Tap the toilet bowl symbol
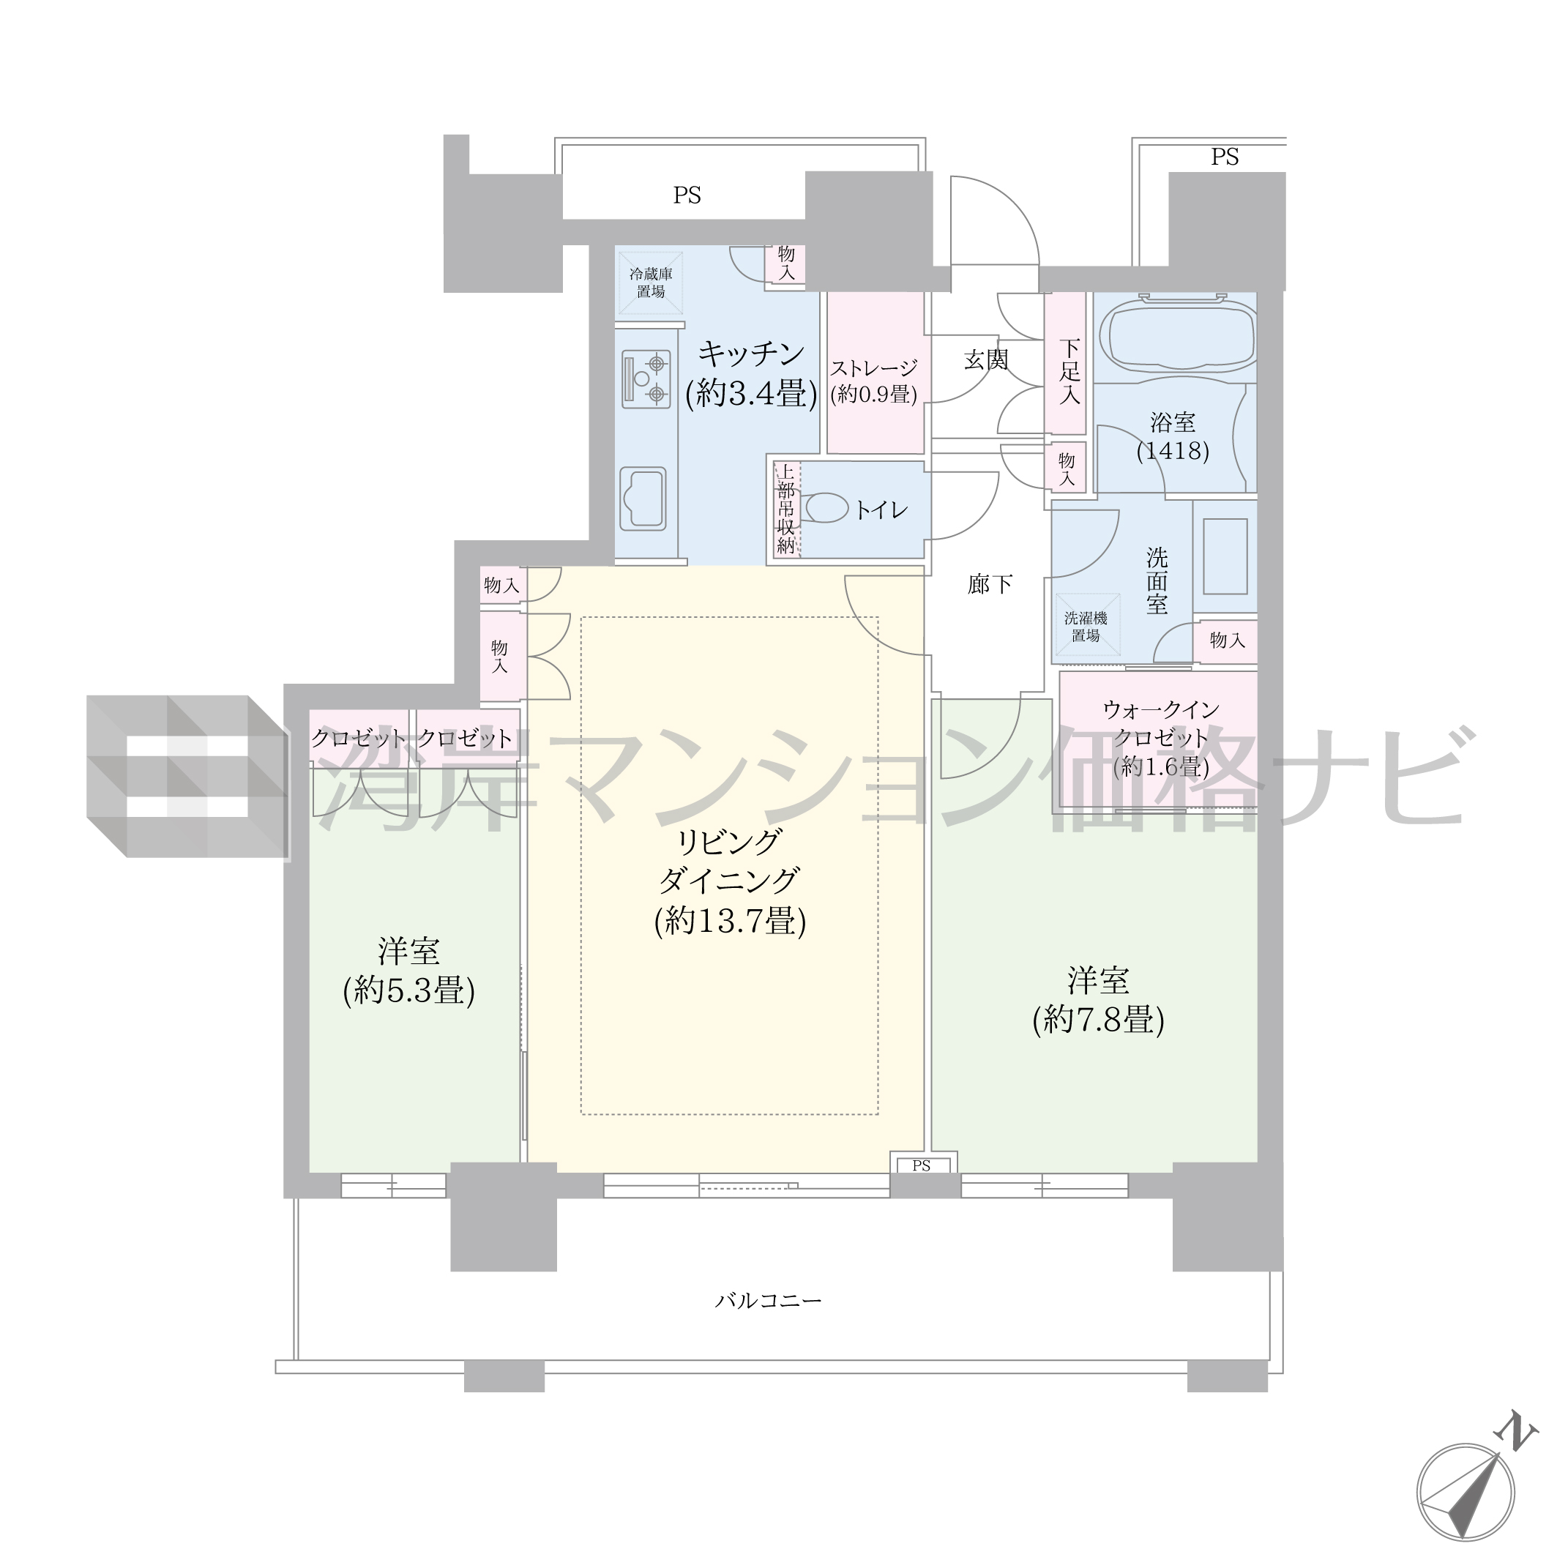(x=824, y=509)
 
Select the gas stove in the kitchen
(x=646, y=379)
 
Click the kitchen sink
(x=643, y=499)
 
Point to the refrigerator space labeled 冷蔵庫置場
(x=650, y=283)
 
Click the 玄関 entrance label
(x=986, y=359)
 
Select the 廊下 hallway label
(x=990, y=584)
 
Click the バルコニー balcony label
(x=768, y=1301)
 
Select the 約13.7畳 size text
(x=730, y=921)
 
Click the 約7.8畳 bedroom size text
(x=1098, y=1020)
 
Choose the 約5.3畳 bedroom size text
(x=409, y=990)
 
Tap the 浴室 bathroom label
(x=1172, y=423)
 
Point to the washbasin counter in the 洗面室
(x=1225, y=557)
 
